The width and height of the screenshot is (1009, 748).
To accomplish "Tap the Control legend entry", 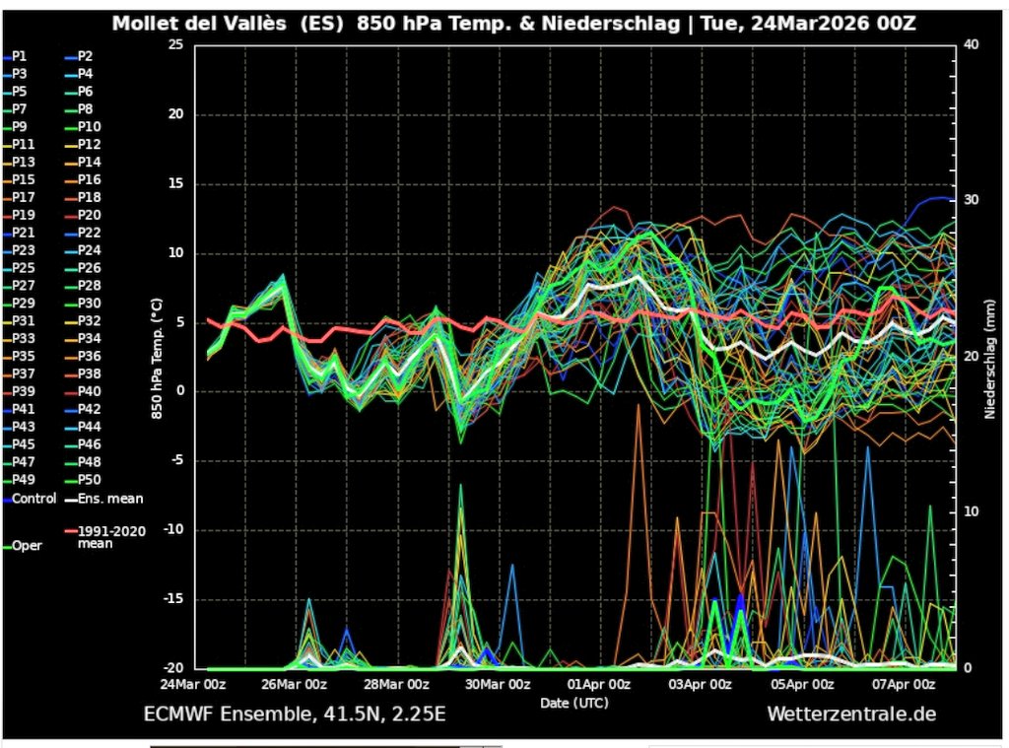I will click(x=34, y=499).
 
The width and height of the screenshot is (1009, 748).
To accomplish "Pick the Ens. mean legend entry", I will click(x=103, y=499).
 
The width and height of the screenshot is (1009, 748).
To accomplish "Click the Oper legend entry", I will click(x=27, y=545).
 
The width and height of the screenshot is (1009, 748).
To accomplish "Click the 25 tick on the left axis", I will click(x=175, y=45).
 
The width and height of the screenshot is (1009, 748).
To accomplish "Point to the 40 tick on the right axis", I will click(x=970, y=45).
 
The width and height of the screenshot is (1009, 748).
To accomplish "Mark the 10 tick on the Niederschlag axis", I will click(x=970, y=511).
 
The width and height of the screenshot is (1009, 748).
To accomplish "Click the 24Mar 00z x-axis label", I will click(x=194, y=684).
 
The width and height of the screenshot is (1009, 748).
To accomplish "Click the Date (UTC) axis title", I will click(x=573, y=703).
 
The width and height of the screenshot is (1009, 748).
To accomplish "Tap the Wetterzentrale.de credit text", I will click(x=851, y=714).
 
